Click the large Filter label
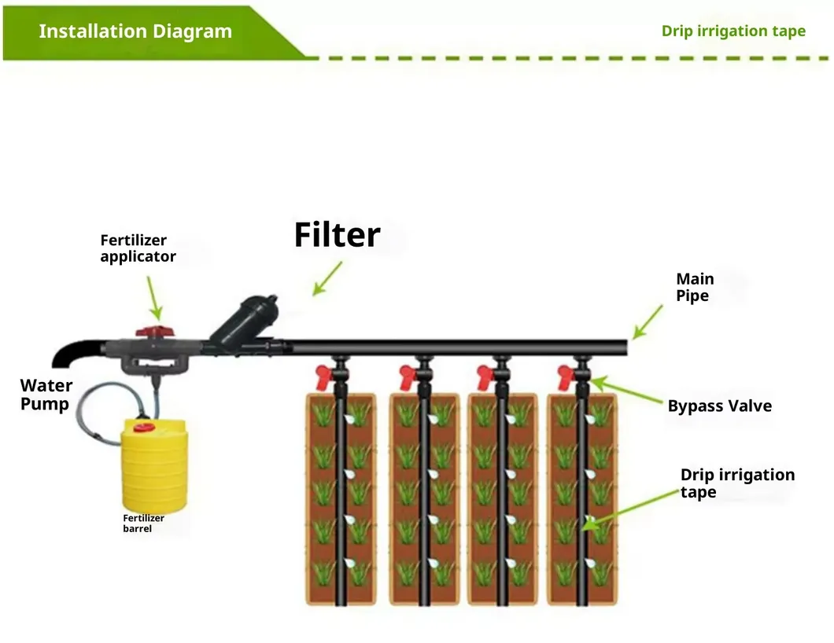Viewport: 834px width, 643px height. click(337, 234)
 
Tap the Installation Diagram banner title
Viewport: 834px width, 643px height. click(135, 31)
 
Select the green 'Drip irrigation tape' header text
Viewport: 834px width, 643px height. click(733, 31)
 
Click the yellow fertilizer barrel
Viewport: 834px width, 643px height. click(154, 468)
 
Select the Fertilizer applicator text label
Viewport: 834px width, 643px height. click(138, 248)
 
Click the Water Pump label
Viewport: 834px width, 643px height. click(46, 395)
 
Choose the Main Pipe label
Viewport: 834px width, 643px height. click(695, 287)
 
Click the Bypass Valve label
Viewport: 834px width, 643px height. click(719, 406)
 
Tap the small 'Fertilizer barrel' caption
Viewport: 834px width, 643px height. click(143, 524)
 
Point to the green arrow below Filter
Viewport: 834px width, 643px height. click(327, 278)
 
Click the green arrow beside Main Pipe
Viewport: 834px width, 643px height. click(648, 322)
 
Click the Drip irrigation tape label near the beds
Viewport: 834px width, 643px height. click(736, 483)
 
